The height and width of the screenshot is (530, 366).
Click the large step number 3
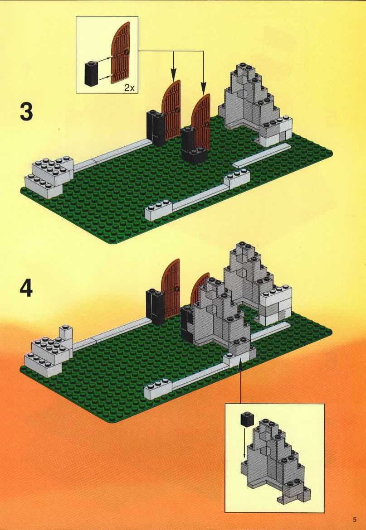(x=26, y=112)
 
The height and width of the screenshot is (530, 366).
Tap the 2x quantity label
(x=129, y=88)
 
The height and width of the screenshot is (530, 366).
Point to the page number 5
(x=355, y=520)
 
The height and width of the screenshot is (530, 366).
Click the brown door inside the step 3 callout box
(x=121, y=53)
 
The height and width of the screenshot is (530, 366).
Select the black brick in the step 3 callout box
(x=91, y=74)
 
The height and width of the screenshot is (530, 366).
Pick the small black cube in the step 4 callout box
(x=247, y=419)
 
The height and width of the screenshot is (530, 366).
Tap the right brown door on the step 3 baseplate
(x=201, y=122)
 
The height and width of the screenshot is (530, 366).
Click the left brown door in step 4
(x=171, y=288)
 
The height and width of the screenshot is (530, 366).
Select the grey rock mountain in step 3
(x=255, y=105)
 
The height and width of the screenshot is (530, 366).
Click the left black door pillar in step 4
(x=156, y=307)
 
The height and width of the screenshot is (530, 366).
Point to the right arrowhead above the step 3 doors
(x=204, y=88)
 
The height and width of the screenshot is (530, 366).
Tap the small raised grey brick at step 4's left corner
(x=66, y=333)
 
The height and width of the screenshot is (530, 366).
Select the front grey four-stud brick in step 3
(x=158, y=210)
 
